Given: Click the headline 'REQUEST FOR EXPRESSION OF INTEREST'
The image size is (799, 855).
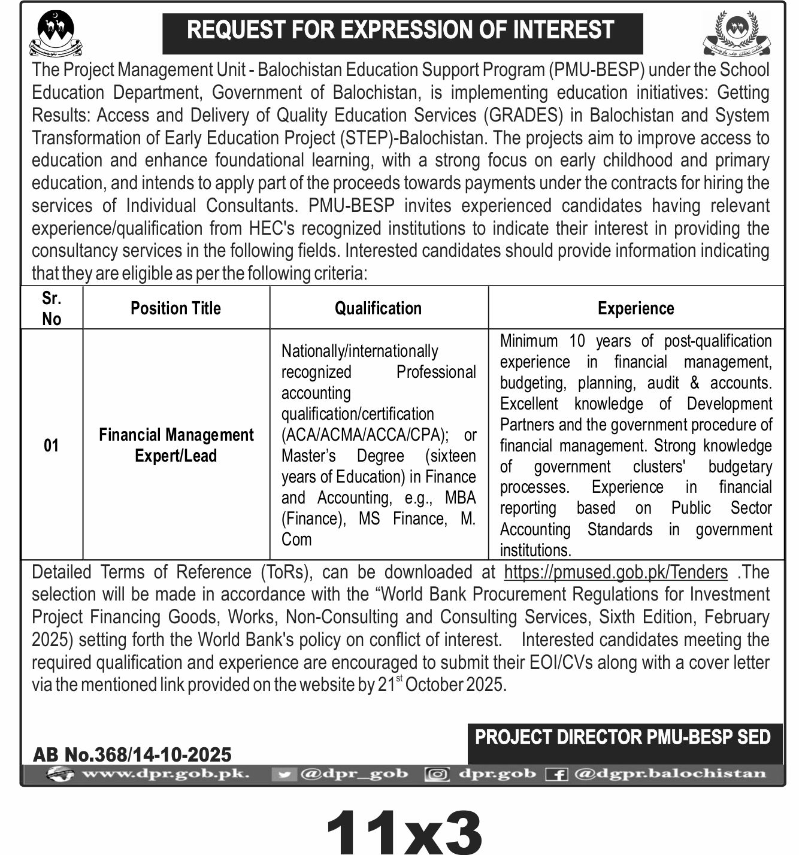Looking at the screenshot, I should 401,31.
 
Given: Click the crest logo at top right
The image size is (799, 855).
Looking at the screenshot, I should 737,33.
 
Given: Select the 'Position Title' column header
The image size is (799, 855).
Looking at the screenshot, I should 175,308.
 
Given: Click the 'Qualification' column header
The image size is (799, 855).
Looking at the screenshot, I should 378,308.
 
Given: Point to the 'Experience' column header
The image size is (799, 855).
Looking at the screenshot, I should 635,308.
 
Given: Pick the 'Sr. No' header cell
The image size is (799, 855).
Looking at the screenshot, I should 52,308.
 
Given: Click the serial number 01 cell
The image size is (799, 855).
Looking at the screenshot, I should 52,445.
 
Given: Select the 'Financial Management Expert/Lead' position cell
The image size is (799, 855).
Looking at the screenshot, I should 176,445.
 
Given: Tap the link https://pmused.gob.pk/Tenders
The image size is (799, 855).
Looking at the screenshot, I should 616,572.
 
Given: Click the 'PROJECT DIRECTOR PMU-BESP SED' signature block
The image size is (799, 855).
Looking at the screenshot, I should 623,737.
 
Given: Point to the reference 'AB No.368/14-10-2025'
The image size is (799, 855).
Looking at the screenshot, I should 132,754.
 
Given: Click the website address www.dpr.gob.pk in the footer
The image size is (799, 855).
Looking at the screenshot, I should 165,774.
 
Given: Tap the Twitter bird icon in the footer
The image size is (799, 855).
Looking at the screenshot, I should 285,774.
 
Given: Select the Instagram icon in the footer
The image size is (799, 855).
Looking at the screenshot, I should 437,774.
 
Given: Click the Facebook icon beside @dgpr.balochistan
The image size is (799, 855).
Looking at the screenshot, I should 556,774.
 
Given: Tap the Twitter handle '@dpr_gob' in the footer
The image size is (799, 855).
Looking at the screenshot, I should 353,774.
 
